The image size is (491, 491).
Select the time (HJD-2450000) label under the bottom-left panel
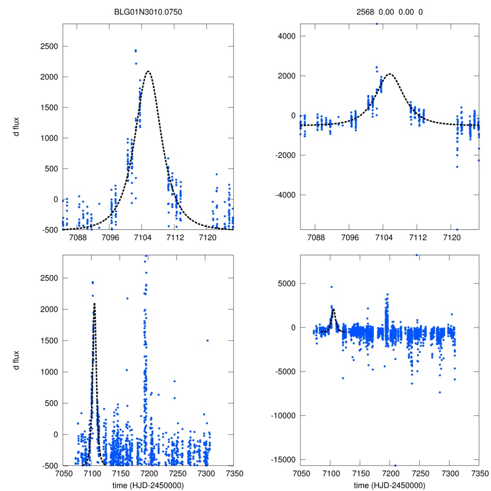(x=149, y=485)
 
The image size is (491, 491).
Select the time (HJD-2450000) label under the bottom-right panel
(x=389, y=485)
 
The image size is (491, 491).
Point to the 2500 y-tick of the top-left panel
(x=47, y=47)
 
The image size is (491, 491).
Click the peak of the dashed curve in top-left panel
(x=148, y=71)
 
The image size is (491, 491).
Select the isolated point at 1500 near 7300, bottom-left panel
(x=207, y=340)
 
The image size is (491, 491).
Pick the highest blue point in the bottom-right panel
(x=417, y=255)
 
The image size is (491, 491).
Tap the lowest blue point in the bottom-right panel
(x=396, y=465)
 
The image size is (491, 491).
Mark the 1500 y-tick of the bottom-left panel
(x=47, y=340)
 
